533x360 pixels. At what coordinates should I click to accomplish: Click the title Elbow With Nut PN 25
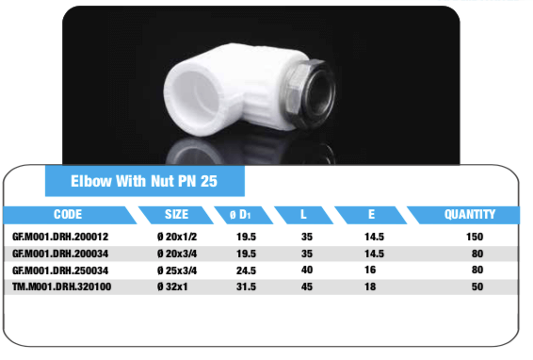(x=144, y=181)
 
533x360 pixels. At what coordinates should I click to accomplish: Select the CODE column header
(x=68, y=214)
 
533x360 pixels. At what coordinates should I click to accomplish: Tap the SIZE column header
(x=176, y=214)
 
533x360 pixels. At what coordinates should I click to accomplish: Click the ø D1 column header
(x=240, y=215)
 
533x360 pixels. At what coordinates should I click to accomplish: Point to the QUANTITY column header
(x=470, y=214)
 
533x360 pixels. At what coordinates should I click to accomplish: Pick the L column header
(x=303, y=214)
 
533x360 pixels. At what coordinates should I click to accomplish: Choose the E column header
(x=371, y=214)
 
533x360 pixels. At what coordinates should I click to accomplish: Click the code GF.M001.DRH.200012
(x=60, y=237)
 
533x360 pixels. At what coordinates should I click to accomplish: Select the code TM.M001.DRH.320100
(x=61, y=286)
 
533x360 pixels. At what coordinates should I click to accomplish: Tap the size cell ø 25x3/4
(x=177, y=270)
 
